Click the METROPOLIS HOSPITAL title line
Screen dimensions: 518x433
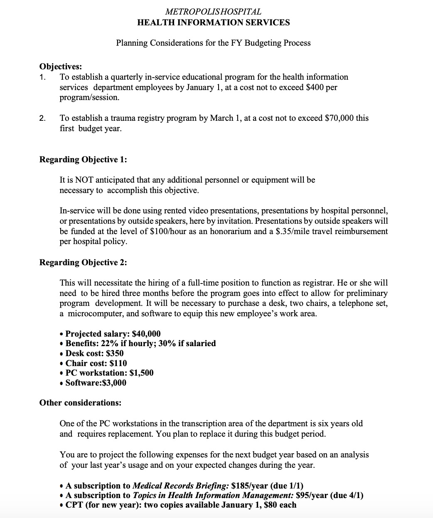(213, 12)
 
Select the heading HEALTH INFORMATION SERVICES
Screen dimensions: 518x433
(213, 22)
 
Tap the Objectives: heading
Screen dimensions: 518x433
(60, 66)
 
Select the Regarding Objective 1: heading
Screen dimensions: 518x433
(83, 159)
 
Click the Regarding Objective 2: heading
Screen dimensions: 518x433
(83, 262)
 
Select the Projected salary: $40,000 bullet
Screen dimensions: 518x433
(113, 334)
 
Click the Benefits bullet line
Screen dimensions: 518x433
(140, 343)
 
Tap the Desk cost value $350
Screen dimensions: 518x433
(115, 353)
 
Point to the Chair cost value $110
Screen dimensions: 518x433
(118, 363)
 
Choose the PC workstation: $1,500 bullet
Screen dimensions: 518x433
(109, 373)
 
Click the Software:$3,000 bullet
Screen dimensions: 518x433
(96, 383)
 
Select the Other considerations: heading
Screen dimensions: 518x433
(80, 403)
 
